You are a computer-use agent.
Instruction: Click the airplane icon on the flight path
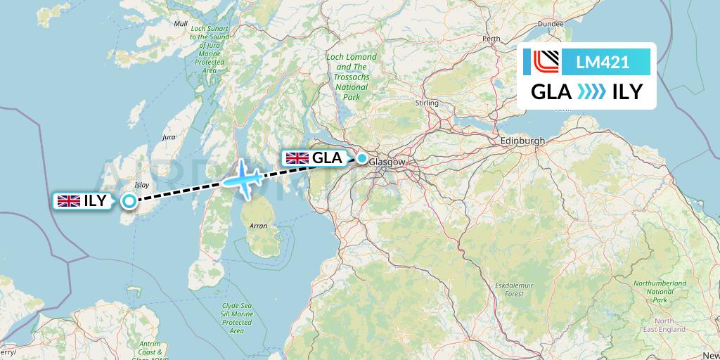[x=242, y=179]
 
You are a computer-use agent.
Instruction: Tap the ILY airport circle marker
[x=129, y=202]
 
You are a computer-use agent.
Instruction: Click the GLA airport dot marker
[x=361, y=159]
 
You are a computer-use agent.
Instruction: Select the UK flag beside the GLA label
[x=297, y=158]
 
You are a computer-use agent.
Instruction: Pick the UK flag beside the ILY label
[x=68, y=201]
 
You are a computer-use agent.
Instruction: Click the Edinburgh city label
[x=522, y=141]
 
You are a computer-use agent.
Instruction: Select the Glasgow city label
[x=389, y=162]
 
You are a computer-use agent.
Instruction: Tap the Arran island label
[x=258, y=226]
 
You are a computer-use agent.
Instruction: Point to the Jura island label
[x=168, y=138]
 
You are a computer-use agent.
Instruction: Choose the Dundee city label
[x=551, y=24]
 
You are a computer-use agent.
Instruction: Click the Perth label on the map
[x=491, y=39]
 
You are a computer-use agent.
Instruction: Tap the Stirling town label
[x=427, y=103]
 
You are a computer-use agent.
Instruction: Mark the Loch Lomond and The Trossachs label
[x=351, y=77]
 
